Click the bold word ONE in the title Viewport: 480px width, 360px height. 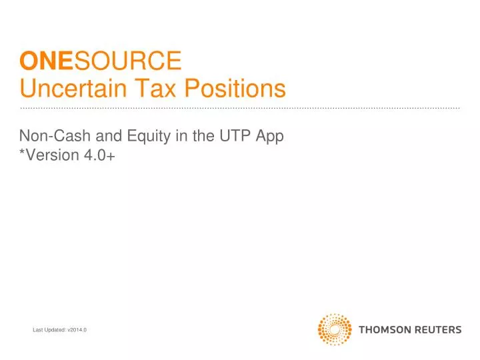click(37, 61)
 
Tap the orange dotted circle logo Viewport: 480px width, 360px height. click(335, 329)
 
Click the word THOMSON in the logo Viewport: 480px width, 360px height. click(383, 329)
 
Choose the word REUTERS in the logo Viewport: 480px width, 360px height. click(436, 329)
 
